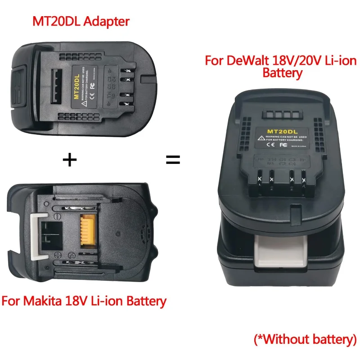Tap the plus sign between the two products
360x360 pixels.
(x=69, y=159)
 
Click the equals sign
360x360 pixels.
(x=174, y=159)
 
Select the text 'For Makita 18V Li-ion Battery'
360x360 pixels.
(x=84, y=300)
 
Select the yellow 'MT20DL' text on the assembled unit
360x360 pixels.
(x=280, y=131)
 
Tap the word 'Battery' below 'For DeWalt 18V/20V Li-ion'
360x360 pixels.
(x=282, y=73)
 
